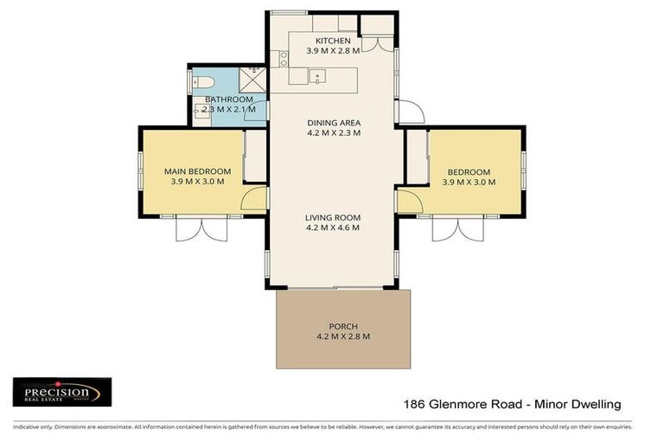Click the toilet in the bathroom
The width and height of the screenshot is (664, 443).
[204, 83]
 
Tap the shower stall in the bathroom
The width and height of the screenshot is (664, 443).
[253, 81]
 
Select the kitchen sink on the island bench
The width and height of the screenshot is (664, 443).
[317, 77]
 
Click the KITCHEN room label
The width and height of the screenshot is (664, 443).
[333, 41]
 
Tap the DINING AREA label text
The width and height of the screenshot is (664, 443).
[333, 122]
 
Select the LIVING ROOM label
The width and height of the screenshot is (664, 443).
[333, 217]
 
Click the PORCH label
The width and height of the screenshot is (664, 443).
[343, 326]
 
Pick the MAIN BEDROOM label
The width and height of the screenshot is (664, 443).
[197, 171]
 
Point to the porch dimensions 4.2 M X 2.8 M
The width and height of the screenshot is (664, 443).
[343, 337]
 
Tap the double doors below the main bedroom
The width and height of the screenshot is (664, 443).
[201, 228]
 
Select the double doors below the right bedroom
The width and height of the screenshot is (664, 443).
[459, 228]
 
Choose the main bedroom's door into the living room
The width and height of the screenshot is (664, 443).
[254, 201]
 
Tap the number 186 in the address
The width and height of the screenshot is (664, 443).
[417, 404]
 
